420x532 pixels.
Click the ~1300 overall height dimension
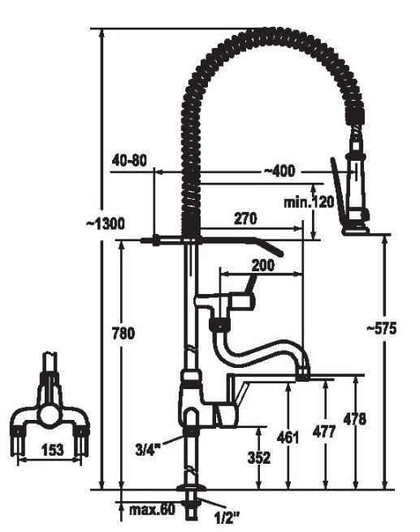pyautogui.click(x=106, y=223)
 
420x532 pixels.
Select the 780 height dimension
pyautogui.click(x=123, y=333)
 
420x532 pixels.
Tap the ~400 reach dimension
pyautogui.click(x=279, y=171)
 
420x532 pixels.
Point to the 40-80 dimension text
pyautogui.click(x=129, y=160)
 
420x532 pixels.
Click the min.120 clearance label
pyautogui.click(x=309, y=202)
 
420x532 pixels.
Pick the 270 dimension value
pyautogui.click(x=245, y=218)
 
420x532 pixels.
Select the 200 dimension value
pyautogui.click(x=262, y=265)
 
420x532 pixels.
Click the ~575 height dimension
pyautogui.click(x=381, y=328)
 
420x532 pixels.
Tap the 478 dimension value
pyautogui.click(x=355, y=419)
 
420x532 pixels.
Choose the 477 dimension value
pyautogui.click(x=324, y=431)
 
